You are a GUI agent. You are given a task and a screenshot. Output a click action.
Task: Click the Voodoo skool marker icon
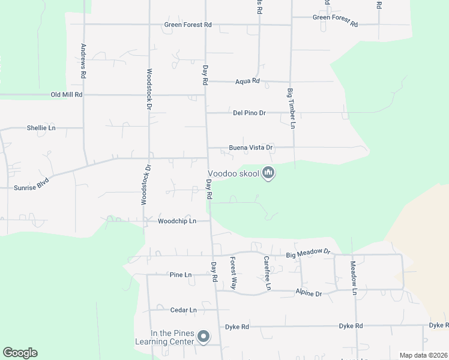click(268, 173)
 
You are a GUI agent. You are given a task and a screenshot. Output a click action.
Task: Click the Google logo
click(20, 353)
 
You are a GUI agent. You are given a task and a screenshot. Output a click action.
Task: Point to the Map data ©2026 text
click(423, 355)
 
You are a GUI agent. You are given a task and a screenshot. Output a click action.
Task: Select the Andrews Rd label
click(83, 62)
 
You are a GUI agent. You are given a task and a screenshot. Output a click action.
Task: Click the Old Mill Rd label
click(66, 95)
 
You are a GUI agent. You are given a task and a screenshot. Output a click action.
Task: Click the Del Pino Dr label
click(249, 113)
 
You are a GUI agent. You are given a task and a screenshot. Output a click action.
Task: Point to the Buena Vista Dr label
click(251, 147)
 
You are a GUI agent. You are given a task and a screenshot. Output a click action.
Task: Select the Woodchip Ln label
click(177, 221)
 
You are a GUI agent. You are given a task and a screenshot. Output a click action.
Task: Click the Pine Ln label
click(180, 275)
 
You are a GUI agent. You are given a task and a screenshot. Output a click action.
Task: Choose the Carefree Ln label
click(267, 274)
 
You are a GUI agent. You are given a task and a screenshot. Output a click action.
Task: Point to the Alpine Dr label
click(309, 293)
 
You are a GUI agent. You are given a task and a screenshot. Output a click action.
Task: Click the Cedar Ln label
click(184, 310)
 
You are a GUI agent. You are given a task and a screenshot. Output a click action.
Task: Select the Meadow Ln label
click(354, 278)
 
